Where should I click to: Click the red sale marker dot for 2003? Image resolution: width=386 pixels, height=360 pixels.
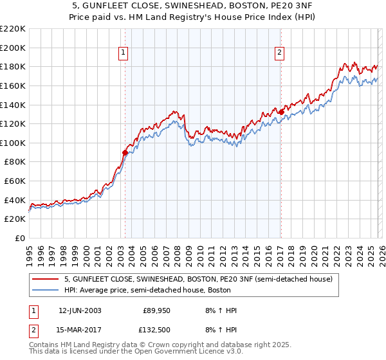[x=125, y=152]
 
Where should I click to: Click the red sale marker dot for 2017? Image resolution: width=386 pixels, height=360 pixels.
[x=281, y=112]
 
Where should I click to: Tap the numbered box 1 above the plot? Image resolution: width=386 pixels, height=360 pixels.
[x=124, y=53]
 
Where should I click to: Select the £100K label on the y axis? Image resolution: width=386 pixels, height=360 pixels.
[x=13, y=143]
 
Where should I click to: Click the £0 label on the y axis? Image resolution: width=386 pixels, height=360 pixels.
[x=20, y=238]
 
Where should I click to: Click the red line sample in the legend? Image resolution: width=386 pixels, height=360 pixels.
[x=46, y=280]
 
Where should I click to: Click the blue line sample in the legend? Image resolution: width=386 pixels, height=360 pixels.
[x=46, y=291]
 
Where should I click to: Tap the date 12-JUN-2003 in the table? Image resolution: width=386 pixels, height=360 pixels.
[x=79, y=310]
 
